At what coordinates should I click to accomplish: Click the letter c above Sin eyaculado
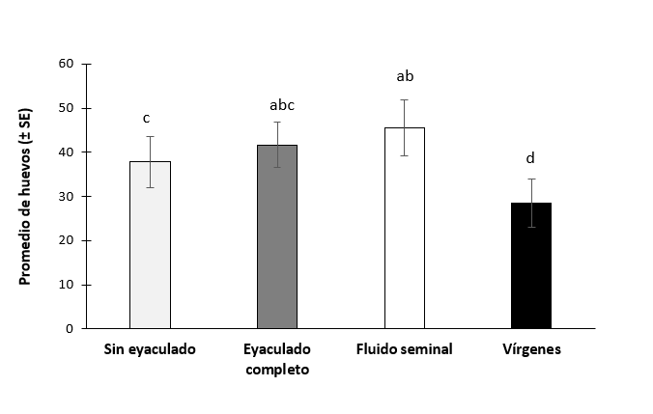coord(146,118)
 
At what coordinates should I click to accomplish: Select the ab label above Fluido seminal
coord(405,76)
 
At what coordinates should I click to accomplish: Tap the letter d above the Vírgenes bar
coord(530,158)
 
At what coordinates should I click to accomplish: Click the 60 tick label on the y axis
coord(66,64)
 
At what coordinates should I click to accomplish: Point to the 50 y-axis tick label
coord(66,108)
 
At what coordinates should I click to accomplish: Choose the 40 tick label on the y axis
coord(66,152)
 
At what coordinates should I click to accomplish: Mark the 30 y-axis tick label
coord(66,197)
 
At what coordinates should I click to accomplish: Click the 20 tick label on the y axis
coord(66,240)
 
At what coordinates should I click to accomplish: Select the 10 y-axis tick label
coord(66,285)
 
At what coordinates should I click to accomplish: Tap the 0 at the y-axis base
coord(70,329)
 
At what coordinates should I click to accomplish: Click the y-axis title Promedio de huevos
coord(26,196)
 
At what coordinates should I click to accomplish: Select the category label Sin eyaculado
coord(150,349)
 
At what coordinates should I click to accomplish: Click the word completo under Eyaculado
coord(277,369)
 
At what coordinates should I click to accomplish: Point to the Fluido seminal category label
coord(405,349)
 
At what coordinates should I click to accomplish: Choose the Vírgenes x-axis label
coord(531,349)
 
